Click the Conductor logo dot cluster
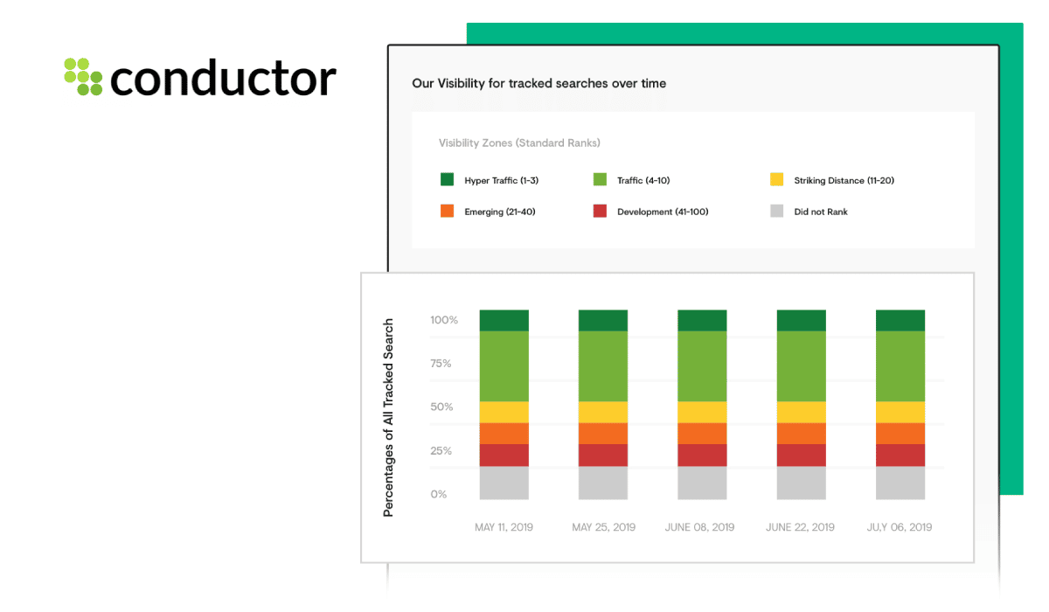[83, 76]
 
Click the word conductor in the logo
[223, 78]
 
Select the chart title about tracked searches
[538, 83]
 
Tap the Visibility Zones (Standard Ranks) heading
[519, 143]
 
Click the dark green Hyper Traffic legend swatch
[447, 179]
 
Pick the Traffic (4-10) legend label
[643, 180]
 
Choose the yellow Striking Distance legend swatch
[776, 179]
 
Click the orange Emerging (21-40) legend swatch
[447, 211]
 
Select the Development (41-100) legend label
[663, 212]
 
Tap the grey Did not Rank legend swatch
[776, 211]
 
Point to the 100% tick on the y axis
[444, 320]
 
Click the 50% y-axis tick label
[441, 407]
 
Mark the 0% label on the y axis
[438, 494]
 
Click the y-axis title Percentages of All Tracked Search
[388, 418]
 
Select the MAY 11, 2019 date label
[504, 527]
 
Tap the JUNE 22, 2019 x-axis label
[801, 527]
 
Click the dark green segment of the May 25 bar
[603, 320]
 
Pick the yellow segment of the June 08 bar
[702, 412]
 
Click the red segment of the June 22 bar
[802, 456]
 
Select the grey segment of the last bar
[900, 483]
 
